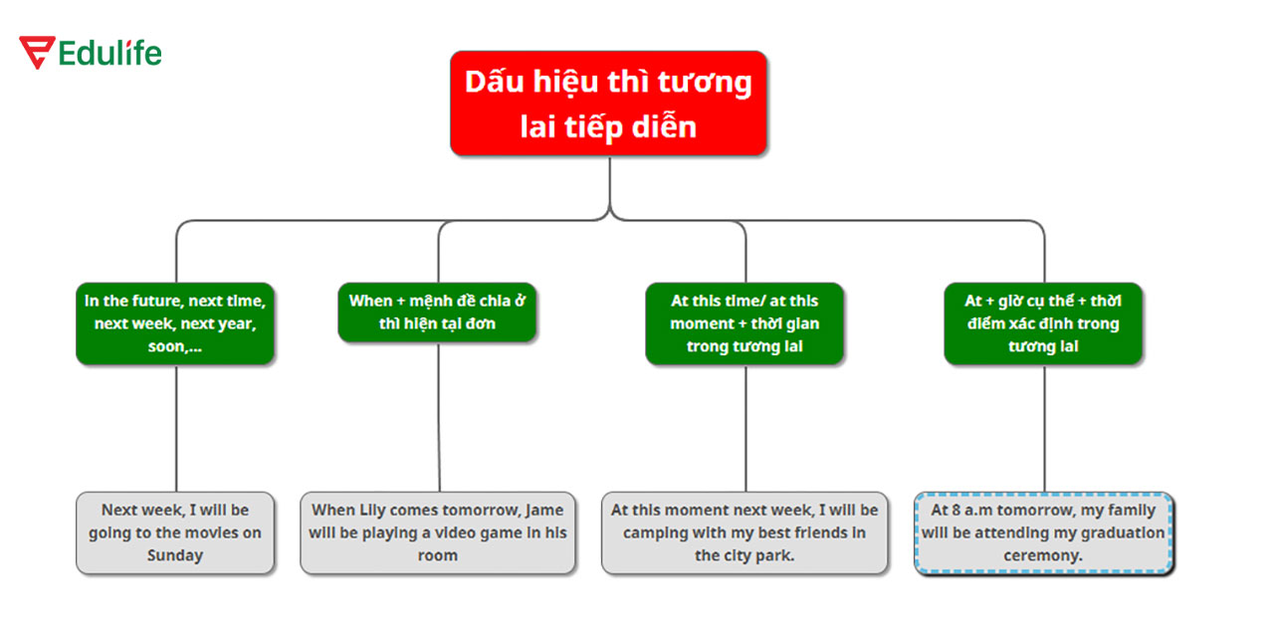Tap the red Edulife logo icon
(37, 53)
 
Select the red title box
(608, 104)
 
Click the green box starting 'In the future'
(175, 323)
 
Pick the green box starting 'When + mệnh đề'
(437, 312)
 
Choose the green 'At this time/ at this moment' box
(744, 323)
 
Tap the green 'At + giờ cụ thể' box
(1043, 323)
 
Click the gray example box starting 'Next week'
(175, 532)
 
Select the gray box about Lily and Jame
(438, 532)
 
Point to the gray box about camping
(744, 532)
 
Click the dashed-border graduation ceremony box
(1043, 532)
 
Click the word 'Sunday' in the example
(175, 555)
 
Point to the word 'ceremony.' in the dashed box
(1043, 555)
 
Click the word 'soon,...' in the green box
(175, 346)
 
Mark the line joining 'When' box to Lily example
(439, 418)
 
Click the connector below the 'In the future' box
(176, 428)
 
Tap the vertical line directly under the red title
(609, 184)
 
